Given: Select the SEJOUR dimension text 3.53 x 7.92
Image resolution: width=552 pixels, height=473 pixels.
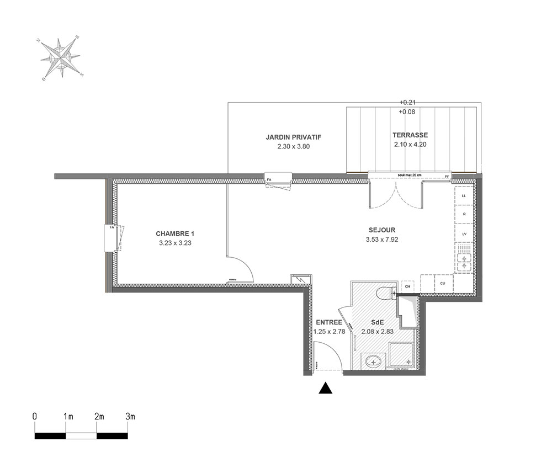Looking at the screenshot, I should point(382,240).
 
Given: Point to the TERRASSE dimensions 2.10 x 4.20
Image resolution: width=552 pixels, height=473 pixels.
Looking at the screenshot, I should point(410,145).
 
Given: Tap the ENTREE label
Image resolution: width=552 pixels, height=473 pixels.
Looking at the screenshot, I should point(329,322).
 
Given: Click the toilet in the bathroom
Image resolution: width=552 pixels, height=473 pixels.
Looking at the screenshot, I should point(384,293).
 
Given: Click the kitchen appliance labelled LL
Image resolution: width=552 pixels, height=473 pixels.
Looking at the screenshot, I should point(464,196).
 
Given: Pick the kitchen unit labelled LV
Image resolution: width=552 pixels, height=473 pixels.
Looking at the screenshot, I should point(464,234).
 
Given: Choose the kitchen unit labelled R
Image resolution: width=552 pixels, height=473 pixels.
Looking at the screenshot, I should point(464,215).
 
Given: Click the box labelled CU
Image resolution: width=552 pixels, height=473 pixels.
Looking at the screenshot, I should point(443,284).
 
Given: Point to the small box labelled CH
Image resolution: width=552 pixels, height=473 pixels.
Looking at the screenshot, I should point(407,286).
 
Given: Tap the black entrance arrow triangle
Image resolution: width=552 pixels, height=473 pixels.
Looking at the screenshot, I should point(326,389).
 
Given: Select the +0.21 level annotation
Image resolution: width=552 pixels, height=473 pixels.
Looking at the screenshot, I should point(407,102).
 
